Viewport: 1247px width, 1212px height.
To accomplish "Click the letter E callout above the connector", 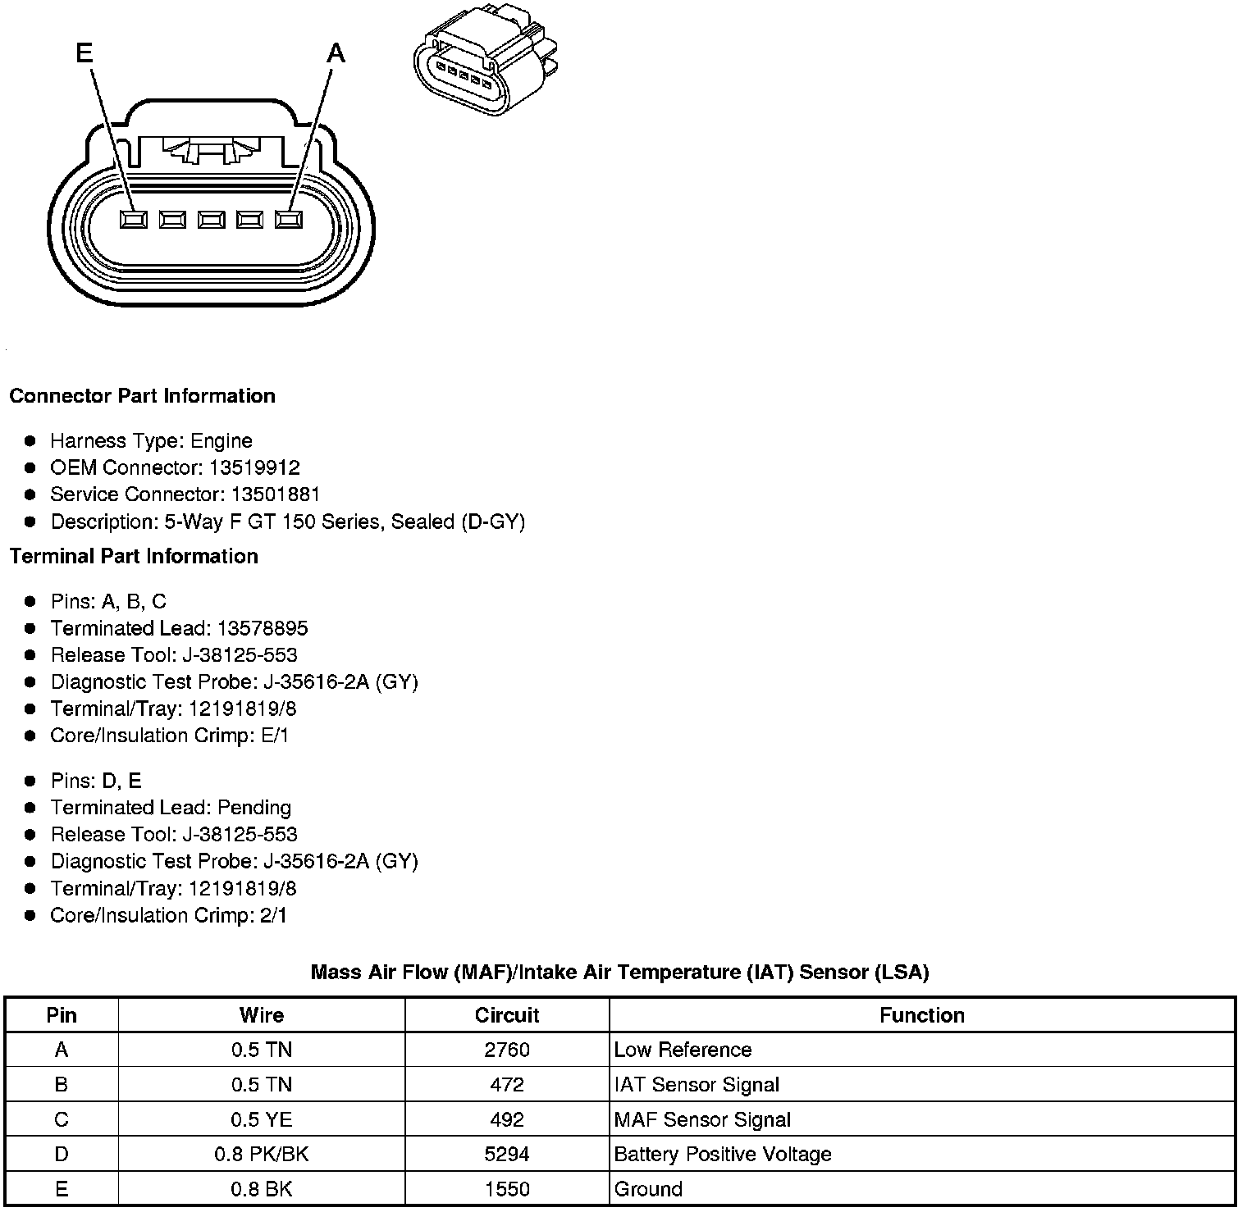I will click(84, 54).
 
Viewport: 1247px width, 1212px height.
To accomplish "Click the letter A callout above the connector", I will click(336, 54).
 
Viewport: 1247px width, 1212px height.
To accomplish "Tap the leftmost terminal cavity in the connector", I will click(134, 220).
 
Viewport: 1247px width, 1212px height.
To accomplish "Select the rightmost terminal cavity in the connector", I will click(289, 220).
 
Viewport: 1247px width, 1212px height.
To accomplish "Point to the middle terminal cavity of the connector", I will click(211, 220).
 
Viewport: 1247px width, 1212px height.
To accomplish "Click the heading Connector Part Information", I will click(142, 396).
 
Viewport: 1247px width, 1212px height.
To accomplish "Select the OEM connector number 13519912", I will click(254, 468).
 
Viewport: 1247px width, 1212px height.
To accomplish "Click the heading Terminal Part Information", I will click(134, 557).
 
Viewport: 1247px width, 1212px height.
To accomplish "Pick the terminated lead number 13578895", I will click(263, 629).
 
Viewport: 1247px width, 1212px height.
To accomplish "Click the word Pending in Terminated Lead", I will click(254, 808).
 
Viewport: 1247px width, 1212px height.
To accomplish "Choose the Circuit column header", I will click(507, 1015).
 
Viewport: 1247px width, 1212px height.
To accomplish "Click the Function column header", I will click(921, 1015).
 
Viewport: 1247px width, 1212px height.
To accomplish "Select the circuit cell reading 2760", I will click(507, 1050).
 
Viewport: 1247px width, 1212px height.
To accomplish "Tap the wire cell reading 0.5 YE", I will click(261, 1120).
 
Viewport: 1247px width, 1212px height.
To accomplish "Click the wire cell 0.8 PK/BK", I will click(261, 1155).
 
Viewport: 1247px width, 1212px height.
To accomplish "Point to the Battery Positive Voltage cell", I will click(723, 1155).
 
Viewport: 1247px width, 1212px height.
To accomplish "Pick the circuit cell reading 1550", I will click(507, 1189).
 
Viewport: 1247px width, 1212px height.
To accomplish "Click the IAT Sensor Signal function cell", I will click(697, 1085).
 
